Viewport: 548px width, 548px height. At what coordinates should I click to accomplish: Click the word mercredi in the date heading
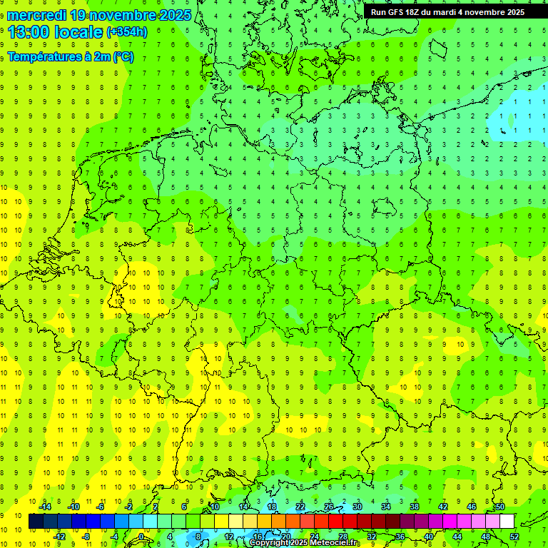coord(36,15)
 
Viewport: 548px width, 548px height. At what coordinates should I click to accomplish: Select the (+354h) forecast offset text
coord(127,32)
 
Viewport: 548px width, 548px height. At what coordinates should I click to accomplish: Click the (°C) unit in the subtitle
coord(123,56)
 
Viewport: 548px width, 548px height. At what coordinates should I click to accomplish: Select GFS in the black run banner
coord(400,12)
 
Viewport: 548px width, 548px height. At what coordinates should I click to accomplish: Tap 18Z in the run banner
coord(419,12)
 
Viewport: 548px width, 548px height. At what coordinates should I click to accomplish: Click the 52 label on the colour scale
coord(514,537)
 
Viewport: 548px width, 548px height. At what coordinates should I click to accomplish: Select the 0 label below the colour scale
coord(142,537)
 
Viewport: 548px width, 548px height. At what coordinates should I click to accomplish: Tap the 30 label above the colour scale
coord(357,507)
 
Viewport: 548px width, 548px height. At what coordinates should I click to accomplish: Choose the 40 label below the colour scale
coord(429,537)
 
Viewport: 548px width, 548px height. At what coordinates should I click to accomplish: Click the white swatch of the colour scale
coord(507,522)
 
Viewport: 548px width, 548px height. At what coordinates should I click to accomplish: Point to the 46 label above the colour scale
coord(471,507)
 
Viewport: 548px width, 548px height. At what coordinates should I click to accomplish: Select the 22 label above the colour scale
coord(300,507)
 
